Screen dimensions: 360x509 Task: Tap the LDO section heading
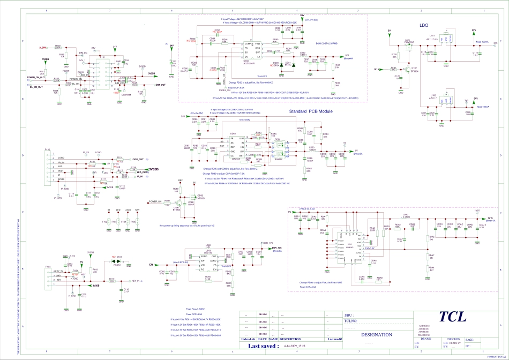click(x=425, y=25)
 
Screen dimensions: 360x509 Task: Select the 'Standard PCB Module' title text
click(x=311, y=111)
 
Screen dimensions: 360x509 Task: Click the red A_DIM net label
click(x=43, y=48)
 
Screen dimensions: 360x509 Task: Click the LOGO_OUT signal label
click(x=138, y=159)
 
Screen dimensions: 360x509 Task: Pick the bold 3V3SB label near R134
click(x=154, y=169)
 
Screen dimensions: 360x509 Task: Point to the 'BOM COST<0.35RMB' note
click(x=326, y=42)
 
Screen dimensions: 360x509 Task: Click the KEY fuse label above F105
click(x=137, y=210)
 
